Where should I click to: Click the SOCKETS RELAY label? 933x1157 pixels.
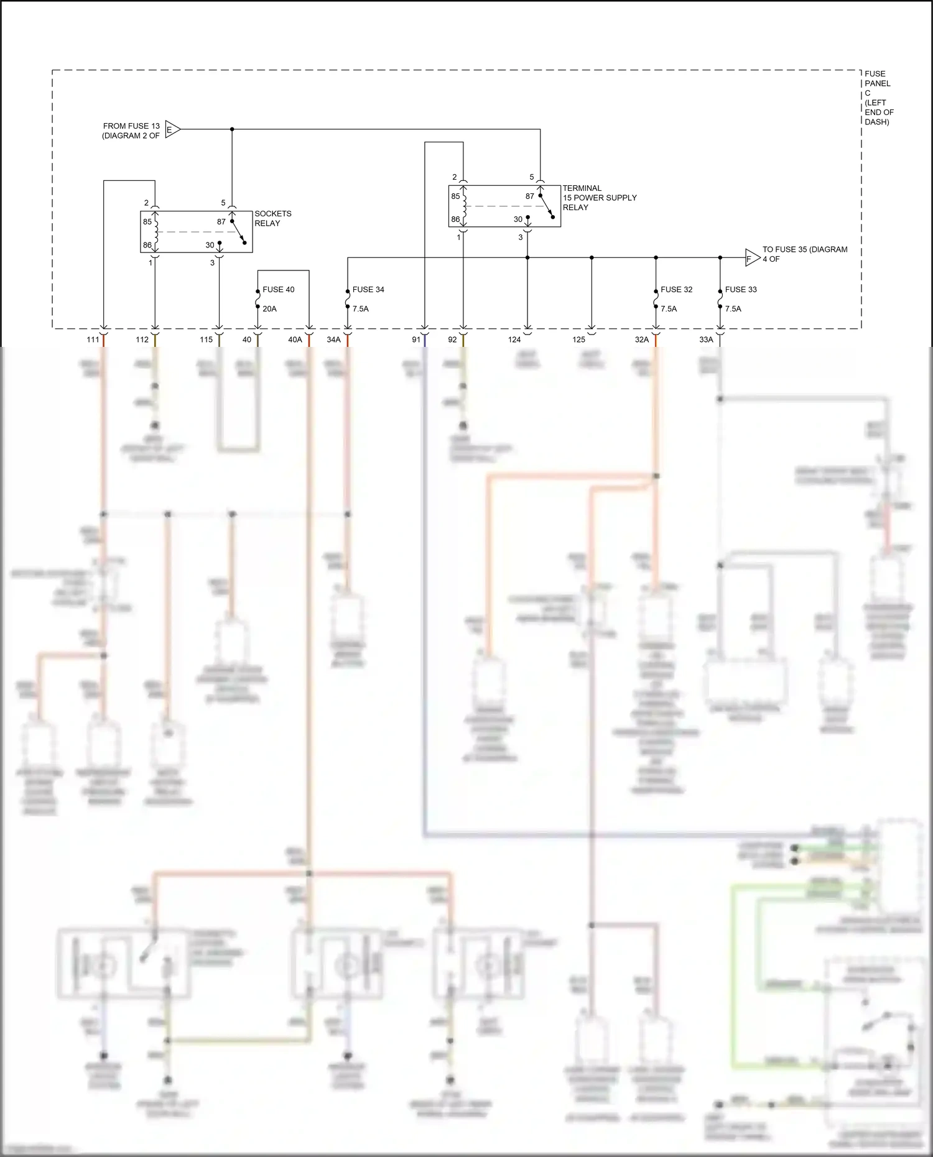272,218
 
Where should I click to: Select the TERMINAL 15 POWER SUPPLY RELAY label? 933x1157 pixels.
599,198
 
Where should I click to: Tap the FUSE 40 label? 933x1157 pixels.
278,290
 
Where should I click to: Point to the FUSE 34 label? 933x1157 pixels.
368,290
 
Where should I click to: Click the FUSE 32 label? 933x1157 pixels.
676,290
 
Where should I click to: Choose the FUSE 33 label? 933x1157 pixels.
740,290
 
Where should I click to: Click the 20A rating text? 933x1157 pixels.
269,309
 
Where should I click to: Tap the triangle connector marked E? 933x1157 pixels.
172,130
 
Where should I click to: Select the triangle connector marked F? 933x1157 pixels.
751,258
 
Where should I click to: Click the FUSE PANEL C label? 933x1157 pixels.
878,98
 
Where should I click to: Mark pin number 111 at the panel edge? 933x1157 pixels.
93,340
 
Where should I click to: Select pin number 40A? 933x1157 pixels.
295,340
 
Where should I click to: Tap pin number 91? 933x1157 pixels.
415,340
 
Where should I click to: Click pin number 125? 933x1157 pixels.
578,340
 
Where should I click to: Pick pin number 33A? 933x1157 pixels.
706,340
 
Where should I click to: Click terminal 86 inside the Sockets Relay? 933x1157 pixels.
147,245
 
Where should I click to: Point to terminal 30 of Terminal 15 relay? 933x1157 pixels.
518,219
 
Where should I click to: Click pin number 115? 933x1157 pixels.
206,340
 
